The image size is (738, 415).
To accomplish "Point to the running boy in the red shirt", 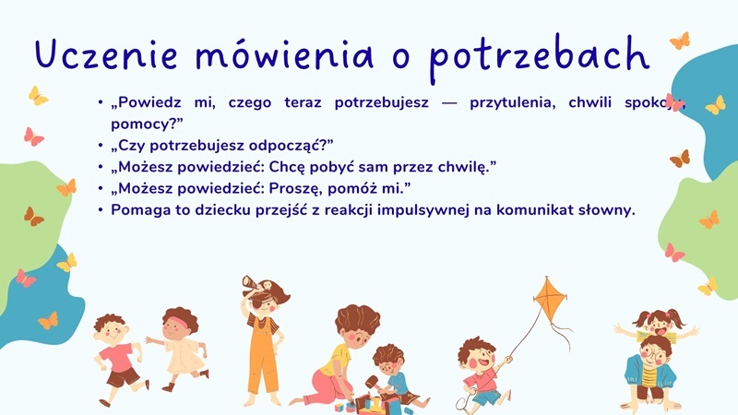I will click(117, 355).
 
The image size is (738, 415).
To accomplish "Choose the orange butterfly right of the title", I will click(679, 41).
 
